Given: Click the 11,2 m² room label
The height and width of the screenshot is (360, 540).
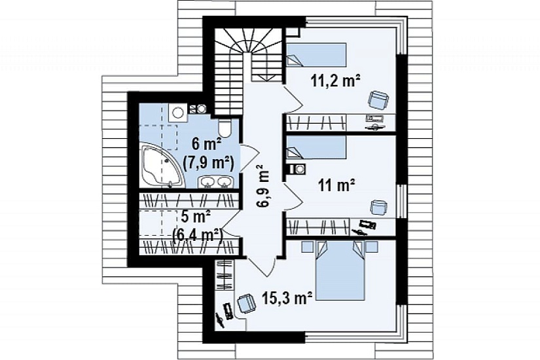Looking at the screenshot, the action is click(x=335, y=81).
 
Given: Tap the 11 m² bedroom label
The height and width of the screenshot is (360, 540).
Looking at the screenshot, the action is click(x=336, y=186).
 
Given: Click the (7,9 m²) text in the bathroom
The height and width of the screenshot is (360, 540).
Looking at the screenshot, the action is click(x=209, y=162).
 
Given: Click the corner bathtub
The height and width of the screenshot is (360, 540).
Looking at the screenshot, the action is click(x=160, y=167).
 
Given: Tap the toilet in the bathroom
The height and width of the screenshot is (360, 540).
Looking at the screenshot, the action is click(x=226, y=128).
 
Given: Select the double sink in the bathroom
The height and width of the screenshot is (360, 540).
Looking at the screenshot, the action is click(x=216, y=181).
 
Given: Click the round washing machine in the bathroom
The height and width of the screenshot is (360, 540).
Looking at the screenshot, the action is click(x=177, y=113).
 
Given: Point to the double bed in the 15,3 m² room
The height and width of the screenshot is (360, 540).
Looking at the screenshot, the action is click(x=340, y=270).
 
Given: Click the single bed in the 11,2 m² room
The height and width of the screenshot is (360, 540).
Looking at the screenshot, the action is click(x=315, y=54).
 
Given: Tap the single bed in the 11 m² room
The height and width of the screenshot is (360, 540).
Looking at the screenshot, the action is click(x=315, y=147).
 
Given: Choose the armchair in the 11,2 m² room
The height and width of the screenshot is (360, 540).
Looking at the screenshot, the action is click(x=378, y=100).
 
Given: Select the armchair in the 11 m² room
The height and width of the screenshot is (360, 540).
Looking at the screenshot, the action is click(x=378, y=207).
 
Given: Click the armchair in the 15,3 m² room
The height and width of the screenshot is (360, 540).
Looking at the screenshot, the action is click(x=246, y=304).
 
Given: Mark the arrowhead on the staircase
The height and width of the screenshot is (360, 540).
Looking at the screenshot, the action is click(x=266, y=78).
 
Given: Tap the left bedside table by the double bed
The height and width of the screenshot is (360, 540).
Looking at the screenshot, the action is click(x=307, y=246).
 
